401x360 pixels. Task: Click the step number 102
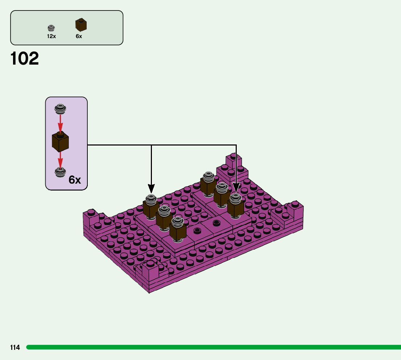[x=25, y=59]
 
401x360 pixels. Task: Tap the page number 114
[x=15, y=348]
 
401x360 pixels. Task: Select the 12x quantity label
[x=51, y=36]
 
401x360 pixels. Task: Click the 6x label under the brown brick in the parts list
[x=79, y=36]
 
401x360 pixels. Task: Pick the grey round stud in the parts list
[x=51, y=28]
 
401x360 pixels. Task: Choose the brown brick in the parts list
[x=81, y=25]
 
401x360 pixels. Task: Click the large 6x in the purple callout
[x=75, y=180]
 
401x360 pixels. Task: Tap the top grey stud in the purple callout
[x=60, y=108]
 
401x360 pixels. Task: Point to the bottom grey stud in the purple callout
[x=60, y=172]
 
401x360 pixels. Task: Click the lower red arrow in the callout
[x=60, y=160]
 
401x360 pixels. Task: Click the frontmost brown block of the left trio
[x=178, y=232]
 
